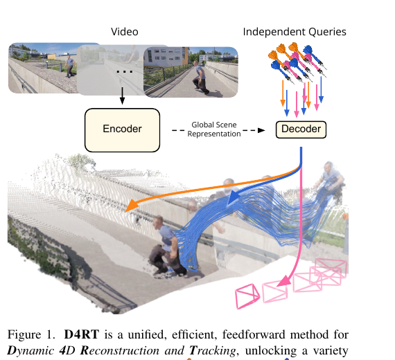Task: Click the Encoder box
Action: pyautogui.click(x=122, y=130)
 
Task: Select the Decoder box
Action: pyautogui.click(x=301, y=129)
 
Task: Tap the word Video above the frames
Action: pyautogui.click(x=125, y=32)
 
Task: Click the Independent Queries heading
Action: pyautogui.click(x=295, y=32)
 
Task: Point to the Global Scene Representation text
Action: pyautogui.click(x=214, y=129)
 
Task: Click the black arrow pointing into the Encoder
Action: pyautogui.click(x=122, y=96)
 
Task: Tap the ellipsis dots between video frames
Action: pyautogui.click(x=125, y=72)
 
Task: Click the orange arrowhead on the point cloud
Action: pyautogui.click(x=131, y=206)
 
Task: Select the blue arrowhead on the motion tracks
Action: pyautogui.click(x=234, y=197)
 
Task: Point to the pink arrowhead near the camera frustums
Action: pyautogui.click(x=283, y=280)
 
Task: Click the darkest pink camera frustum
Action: pyautogui.click(x=247, y=296)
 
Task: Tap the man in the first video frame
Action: pyautogui.click(x=69, y=66)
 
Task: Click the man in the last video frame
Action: pyautogui.click(x=201, y=77)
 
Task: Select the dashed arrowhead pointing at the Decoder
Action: pyautogui.click(x=261, y=130)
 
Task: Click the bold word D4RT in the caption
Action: pyautogui.click(x=81, y=334)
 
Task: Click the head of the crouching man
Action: pyautogui.click(x=159, y=222)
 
